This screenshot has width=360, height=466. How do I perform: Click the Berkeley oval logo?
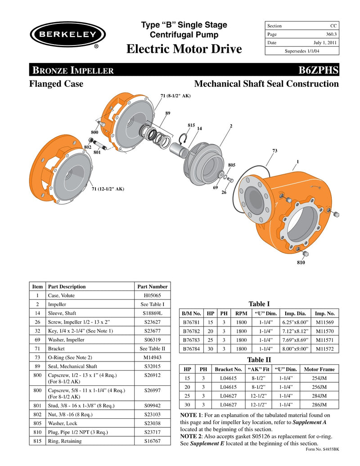[67, 35]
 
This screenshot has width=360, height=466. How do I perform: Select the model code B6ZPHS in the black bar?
[318, 70]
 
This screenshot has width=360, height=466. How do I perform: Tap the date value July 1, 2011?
[325, 43]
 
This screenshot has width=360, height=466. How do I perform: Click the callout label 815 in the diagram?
[191, 125]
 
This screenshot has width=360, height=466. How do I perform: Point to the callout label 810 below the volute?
[301, 262]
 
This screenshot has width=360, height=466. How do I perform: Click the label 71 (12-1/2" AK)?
[108, 189]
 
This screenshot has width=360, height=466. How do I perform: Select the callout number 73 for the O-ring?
[275, 150]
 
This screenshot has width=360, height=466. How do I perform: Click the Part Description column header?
[67, 286]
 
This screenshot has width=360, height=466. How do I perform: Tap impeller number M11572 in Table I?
[325, 348]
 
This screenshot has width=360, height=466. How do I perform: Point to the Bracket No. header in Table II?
[228, 369]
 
